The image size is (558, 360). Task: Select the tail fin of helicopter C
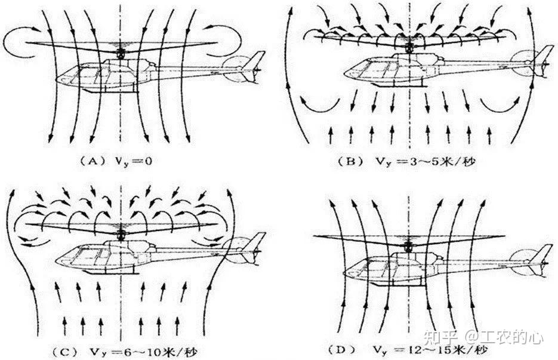click(x=255, y=242)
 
